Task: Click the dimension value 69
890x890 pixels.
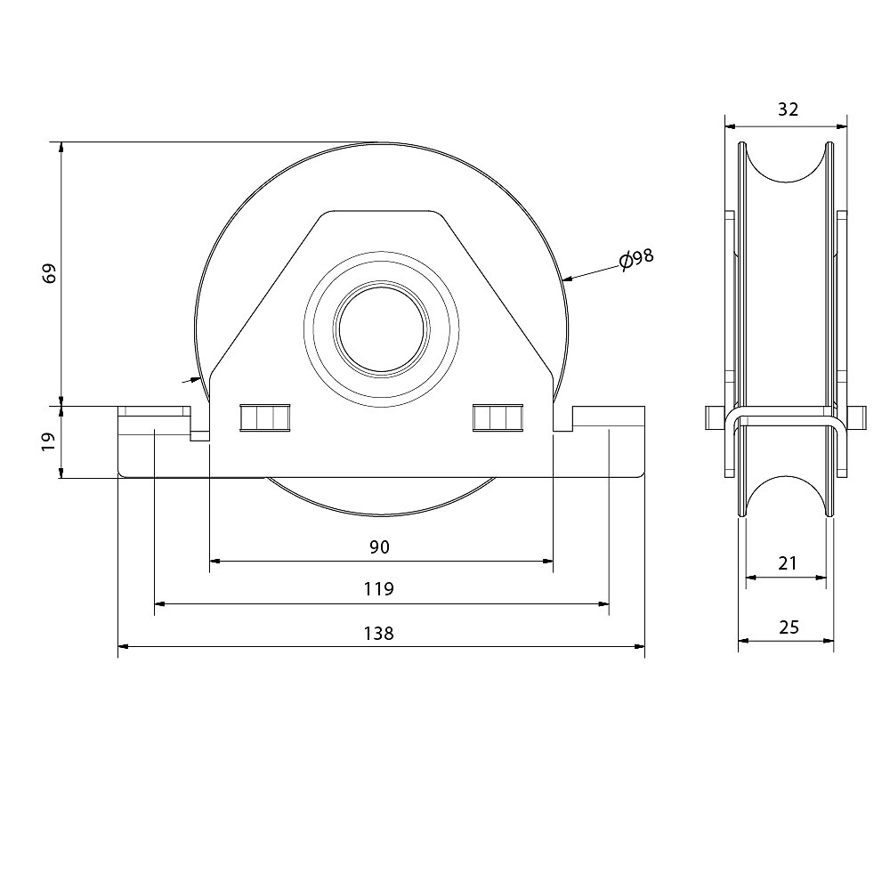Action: (51, 273)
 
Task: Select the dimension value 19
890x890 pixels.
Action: (49, 441)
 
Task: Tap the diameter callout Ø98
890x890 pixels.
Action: (636, 259)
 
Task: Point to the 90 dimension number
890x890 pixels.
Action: (380, 547)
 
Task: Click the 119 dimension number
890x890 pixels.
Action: (378, 589)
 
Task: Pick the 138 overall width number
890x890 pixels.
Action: (378, 633)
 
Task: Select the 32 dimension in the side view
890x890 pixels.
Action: (788, 109)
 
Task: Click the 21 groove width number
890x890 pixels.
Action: (788, 563)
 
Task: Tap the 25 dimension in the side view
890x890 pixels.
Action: (789, 627)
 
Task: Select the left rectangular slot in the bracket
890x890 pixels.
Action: (265, 417)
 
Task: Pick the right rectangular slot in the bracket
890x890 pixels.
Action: (498, 417)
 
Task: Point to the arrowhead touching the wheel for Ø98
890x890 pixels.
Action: (566, 279)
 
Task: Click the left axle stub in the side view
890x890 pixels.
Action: (716, 417)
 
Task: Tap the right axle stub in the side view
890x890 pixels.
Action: (856, 417)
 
